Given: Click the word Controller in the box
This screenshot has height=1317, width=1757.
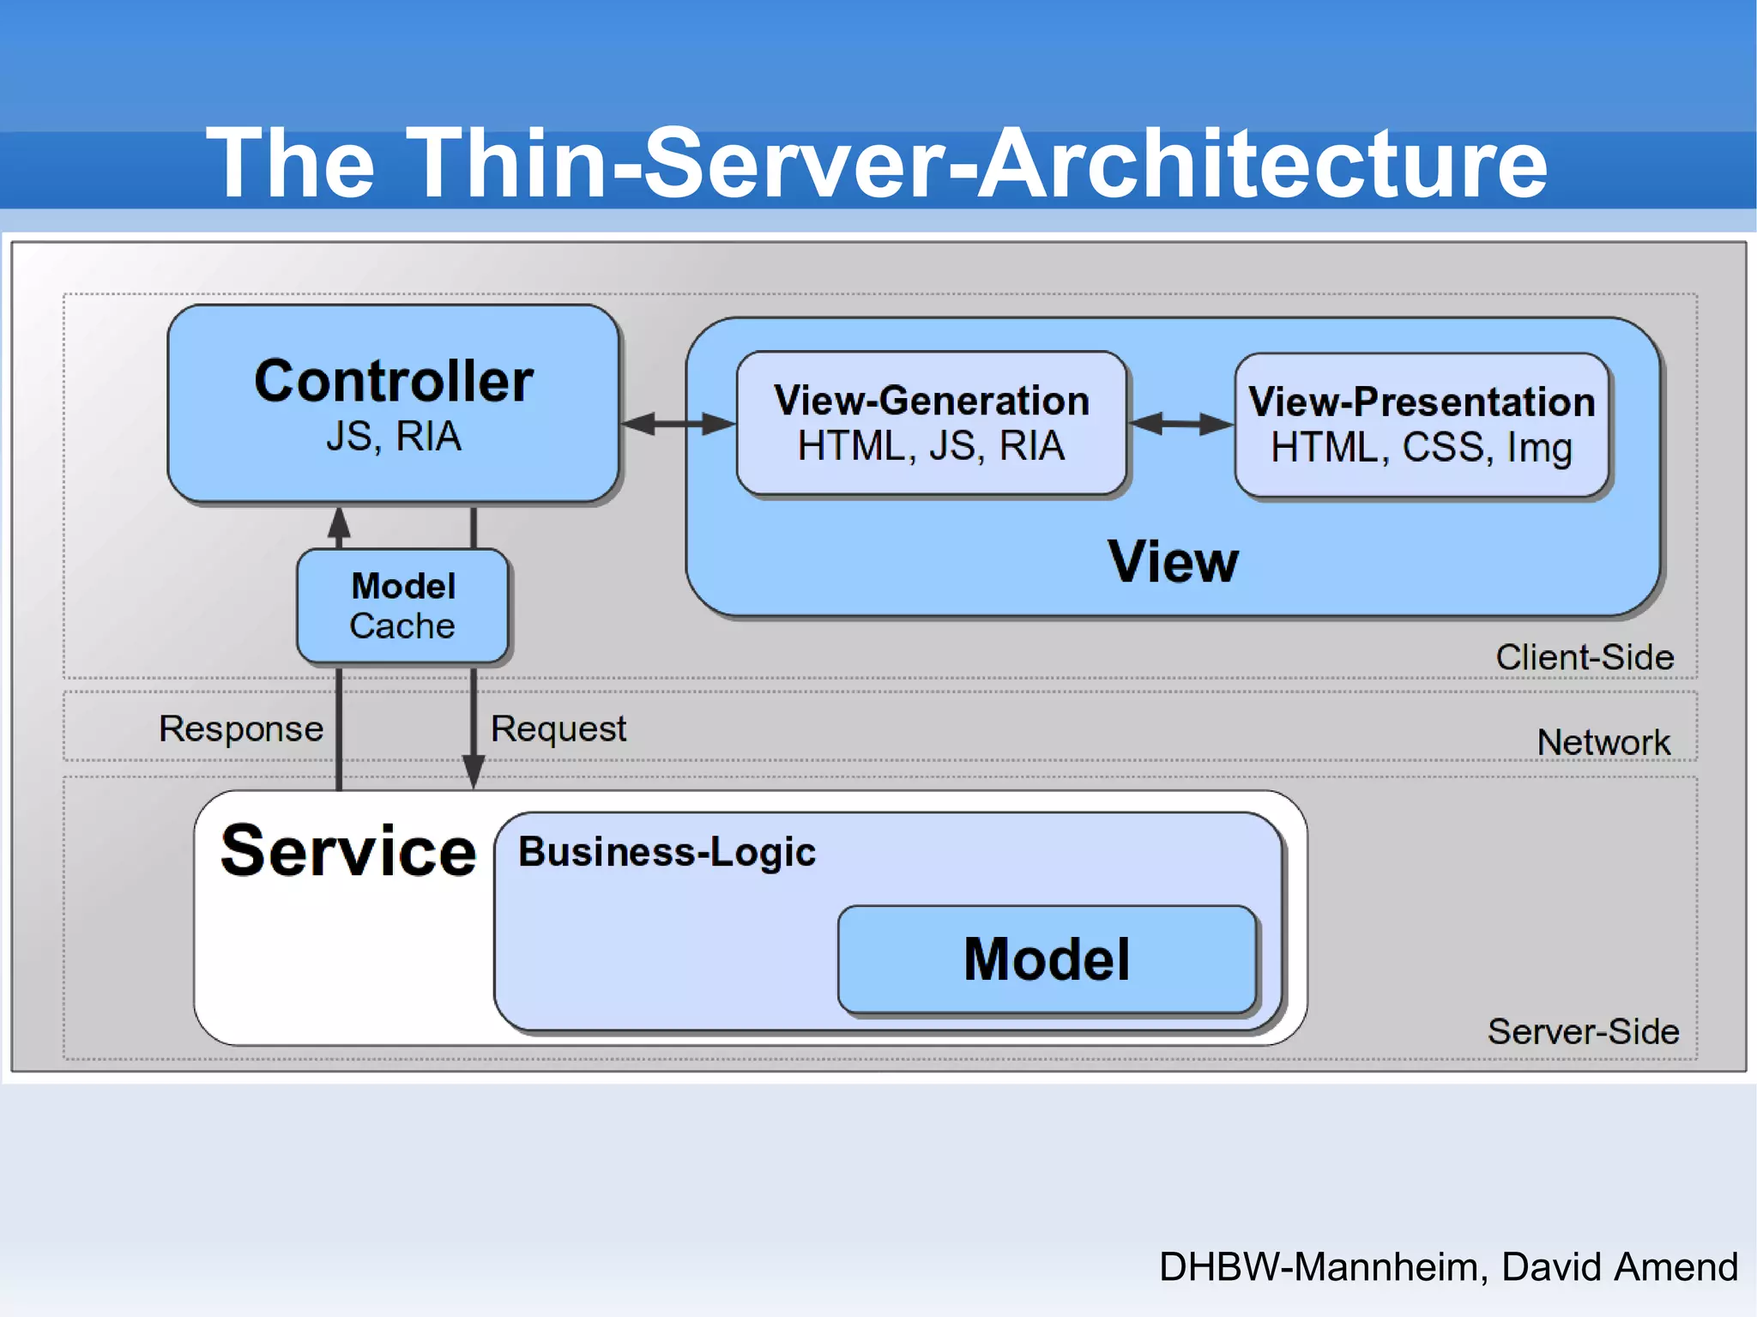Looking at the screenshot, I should pyautogui.click(x=394, y=382).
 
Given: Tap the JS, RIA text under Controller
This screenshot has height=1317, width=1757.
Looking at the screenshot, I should pyautogui.click(x=394, y=436).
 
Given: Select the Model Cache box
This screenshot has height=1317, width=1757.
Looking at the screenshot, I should pyautogui.click(x=402, y=607).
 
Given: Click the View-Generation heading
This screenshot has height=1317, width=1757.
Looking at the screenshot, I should pyautogui.click(x=931, y=401).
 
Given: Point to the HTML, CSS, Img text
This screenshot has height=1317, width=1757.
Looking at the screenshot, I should pyautogui.click(x=1422, y=447).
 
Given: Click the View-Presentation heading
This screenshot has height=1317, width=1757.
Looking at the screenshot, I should pyautogui.click(x=1422, y=402).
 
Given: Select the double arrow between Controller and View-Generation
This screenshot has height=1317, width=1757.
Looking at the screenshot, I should pyautogui.click(x=678, y=423).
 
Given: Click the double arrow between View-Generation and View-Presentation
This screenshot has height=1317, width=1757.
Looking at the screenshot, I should pyautogui.click(x=1180, y=423).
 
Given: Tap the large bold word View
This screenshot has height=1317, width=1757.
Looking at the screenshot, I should pyautogui.click(x=1173, y=562).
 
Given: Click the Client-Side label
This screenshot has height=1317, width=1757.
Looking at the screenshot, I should pyautogui.click(x=1585, y=657).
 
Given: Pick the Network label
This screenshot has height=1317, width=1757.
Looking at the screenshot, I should pyautogui.click(x=1603, y=742).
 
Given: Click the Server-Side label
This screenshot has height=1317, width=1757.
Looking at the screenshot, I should pyautogui.click(x=1583, y=1031).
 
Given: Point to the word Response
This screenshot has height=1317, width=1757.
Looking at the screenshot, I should pyautogui.click(x=241, y=728).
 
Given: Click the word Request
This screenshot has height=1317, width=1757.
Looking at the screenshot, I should pyautogui.click(x=558, y=728).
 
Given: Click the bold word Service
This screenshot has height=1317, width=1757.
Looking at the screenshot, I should pyautogui.click(x=347, y=851).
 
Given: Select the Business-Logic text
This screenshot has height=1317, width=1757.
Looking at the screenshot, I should pyautogui.click(x=667, y=852).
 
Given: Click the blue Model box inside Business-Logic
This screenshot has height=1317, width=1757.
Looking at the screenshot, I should pyautogui.click(x=1047, y=959).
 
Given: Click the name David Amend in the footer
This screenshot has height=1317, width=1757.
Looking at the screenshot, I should pyautogui.click(x=1619, y=1266).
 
